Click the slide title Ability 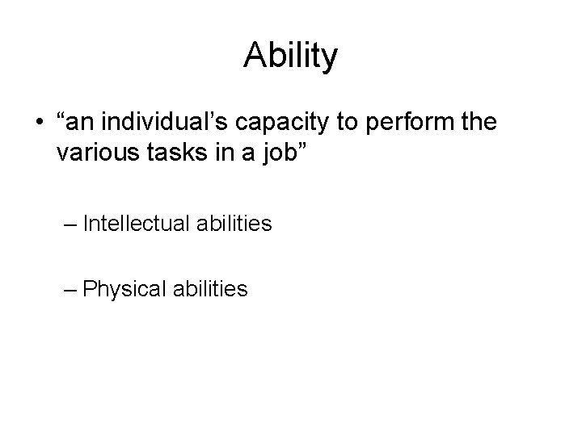coord(291,57)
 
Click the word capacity coord(277,127)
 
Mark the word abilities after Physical coord(210,288)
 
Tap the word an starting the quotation coord(82,126)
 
